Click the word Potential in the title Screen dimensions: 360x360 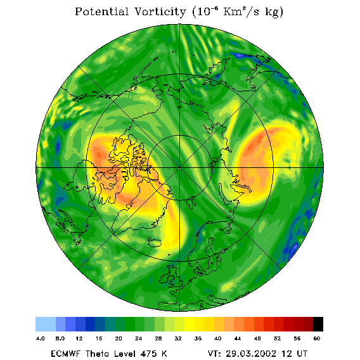(101, 11)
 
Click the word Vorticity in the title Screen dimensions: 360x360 (160, 11)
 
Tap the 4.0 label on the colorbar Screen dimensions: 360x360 (41, 338)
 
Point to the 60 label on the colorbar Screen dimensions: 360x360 (317, 338)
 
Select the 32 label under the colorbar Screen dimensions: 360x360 (178, 338)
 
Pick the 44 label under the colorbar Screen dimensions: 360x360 (238, 338)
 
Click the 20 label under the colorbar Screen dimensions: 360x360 (119, 338)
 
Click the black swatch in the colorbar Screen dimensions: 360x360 (318, 324)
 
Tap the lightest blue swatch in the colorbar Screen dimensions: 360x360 (46, 324)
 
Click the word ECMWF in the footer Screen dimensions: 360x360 (65, 354)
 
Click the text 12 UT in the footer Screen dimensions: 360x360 (295, 354)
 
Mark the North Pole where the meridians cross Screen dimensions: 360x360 (180, 168)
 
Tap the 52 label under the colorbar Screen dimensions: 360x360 (277, 338)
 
